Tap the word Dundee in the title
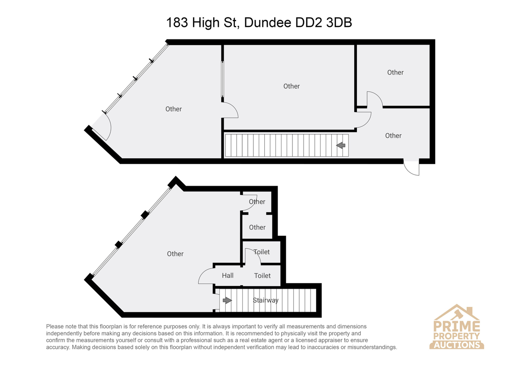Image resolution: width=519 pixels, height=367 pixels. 268,23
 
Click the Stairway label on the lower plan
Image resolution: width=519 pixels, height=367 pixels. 266,300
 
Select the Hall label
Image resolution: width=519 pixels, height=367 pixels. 227,275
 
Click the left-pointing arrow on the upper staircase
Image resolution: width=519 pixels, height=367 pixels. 341,145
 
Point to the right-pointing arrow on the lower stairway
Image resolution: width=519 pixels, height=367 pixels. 227,300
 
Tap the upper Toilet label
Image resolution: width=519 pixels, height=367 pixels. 262,252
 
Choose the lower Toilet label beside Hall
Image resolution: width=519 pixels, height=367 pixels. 262,275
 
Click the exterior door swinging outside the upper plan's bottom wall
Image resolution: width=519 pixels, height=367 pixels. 411,167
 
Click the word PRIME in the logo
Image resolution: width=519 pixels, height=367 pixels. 457,326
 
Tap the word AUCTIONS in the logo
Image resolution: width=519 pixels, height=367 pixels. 457,345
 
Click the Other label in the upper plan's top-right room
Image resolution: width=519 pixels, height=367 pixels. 395,72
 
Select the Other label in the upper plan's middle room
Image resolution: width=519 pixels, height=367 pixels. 292,86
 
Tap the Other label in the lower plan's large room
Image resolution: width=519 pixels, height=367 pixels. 175,254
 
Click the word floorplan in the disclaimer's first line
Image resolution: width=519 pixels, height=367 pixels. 111,326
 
